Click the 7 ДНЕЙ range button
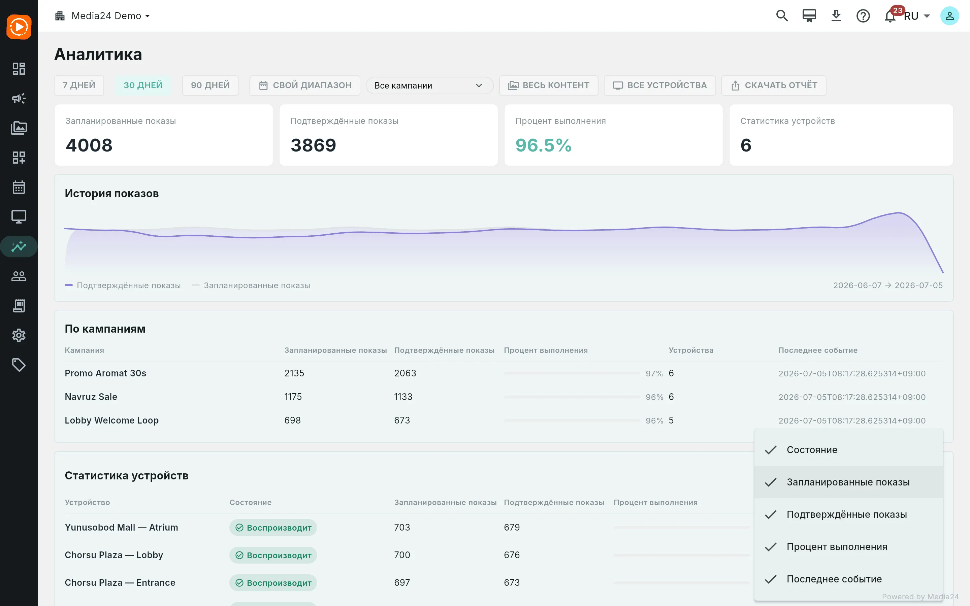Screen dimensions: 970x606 tap(79, 86)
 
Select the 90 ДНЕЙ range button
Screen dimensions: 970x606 tap(210, 86)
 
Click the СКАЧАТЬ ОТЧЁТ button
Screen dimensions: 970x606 tap(774, 86)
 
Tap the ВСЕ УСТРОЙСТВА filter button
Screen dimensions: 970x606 tap(660, 86)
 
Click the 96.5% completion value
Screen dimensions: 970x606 tap(543, 145)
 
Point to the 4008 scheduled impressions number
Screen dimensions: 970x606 tap(89, 145)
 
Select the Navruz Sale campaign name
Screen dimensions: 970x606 tap(91, 397)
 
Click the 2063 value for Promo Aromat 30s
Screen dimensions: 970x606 tap(405, 373)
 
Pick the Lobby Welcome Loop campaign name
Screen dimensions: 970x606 tap(112, 420)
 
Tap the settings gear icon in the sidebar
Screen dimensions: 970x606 tap(19, 335)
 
